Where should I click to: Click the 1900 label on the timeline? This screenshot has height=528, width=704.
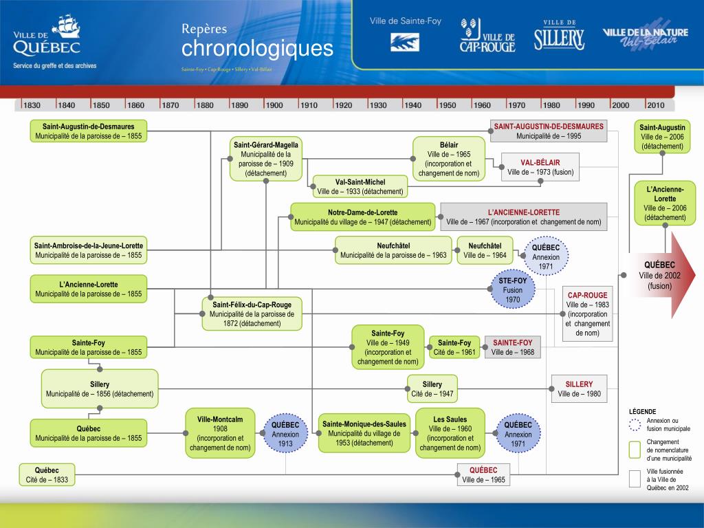pyautogui.click(x=274, y=105)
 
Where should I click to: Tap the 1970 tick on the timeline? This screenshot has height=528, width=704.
pyautogui.click(x=517, y=105)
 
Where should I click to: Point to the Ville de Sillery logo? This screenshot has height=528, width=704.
pyautogui.click(x=559, y=36)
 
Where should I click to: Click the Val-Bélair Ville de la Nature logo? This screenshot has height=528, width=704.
pyautogui.click(x=645, y=38)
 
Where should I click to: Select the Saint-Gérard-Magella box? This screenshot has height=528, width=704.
pyautogui.click(x=266, y=159)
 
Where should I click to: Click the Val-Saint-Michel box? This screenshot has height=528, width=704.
pyautogui.click(x=360, y=186)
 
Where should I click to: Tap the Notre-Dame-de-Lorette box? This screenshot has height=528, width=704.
pyautogui.click(x=362, y=217)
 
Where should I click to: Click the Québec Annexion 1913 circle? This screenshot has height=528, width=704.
pyautogui.click(x=285, y=434)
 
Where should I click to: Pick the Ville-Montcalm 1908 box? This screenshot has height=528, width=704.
pyautogui.click(x=220, y=433)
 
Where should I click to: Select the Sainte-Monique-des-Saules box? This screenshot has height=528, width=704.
pyautogui.click(x=364, y=434)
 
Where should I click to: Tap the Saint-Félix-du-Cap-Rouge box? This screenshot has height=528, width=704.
pyautogui.click(x=252, y=314)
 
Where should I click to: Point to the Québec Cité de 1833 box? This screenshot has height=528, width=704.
pyautogui.click(x=47, y=475)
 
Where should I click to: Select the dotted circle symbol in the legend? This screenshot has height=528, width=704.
pyautogui.click(x=635, y=424)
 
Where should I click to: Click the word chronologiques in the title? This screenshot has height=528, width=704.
pyautogui.click(x=257, y=49)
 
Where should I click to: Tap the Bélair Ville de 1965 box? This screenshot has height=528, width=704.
pyautogui.click(x=448, y=159)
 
